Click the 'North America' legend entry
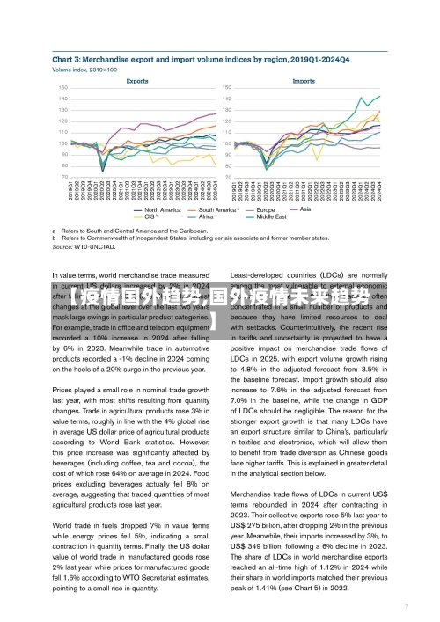coord(162,209)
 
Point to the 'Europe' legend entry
coord(268,209)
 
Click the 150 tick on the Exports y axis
coord(63,87)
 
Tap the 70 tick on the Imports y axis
coord(228,177)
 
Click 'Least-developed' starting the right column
coord(259,276)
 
